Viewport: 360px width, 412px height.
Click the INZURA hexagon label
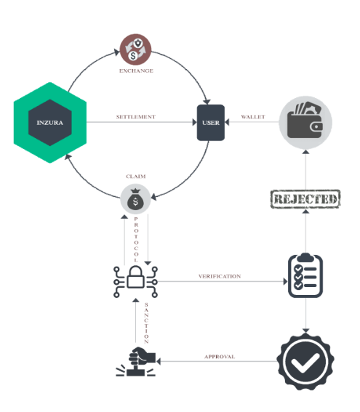(x=49, y=123)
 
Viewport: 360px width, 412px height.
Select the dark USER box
(x=211, y=123)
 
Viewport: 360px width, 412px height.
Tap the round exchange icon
(x=135, y=49)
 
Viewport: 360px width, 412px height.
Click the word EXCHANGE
(x=136, y=70)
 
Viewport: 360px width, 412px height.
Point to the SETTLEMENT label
(x=136, y=117)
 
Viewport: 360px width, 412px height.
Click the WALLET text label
(x=253, y=117)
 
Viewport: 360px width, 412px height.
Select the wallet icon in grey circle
(x=305, y=123)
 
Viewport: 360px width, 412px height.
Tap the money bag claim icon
(x=135, y=199)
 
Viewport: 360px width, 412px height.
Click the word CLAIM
(x=136, y=177)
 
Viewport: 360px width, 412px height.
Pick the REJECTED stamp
(x=305, y=199)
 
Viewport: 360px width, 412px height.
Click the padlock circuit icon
(x=135, y=282)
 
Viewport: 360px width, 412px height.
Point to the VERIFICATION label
(x=220, y=276)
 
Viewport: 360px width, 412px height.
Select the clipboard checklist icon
(x=305, y=275)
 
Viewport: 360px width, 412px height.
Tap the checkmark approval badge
(x=305, y=361)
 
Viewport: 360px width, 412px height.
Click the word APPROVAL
(x=220, y=357)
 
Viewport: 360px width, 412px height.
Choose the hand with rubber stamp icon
(x=136, y=361)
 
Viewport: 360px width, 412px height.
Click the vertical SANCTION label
(x=146, y=323)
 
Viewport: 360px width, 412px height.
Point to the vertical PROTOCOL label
(x=136, y=239)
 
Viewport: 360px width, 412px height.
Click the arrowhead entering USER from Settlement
(x=195, y=122)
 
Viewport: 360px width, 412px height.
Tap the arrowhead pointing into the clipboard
(x=285, y=282)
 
